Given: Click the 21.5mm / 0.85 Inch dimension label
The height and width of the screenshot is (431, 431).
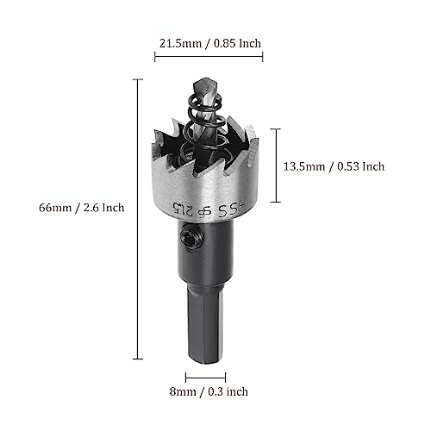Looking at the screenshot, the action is [x=210, y=43].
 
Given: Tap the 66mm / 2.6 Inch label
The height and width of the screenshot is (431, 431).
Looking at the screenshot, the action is [x=82, y=208].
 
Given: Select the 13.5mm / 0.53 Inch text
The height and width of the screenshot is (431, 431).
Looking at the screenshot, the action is [x=334, y=166].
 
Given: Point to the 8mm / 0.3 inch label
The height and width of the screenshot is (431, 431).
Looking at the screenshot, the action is [x=209, y=391].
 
